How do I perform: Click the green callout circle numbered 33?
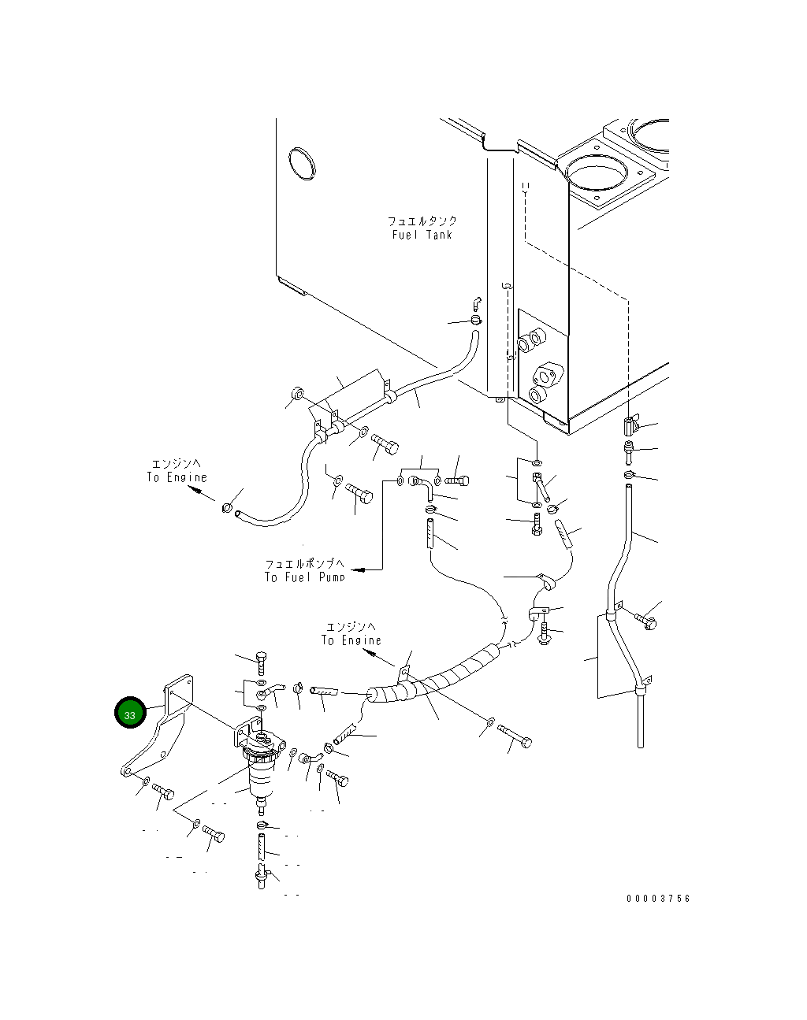[x=130, y=712]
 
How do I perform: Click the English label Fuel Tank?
[x=422, y=235]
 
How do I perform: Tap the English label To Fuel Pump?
[x=304, y=577]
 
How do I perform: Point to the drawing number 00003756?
[x=658, y=898]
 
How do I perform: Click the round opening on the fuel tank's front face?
[x=302, y=164]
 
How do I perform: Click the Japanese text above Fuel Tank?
[x=422, y=221]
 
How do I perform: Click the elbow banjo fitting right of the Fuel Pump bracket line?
[x=422, y=488]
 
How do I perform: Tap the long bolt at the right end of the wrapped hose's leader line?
[x=515, y=736]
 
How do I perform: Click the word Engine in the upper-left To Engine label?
[x=187, y=477]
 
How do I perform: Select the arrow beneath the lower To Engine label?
[x=378, y=658]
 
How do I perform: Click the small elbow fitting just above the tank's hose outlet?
[x=478, y=303]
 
